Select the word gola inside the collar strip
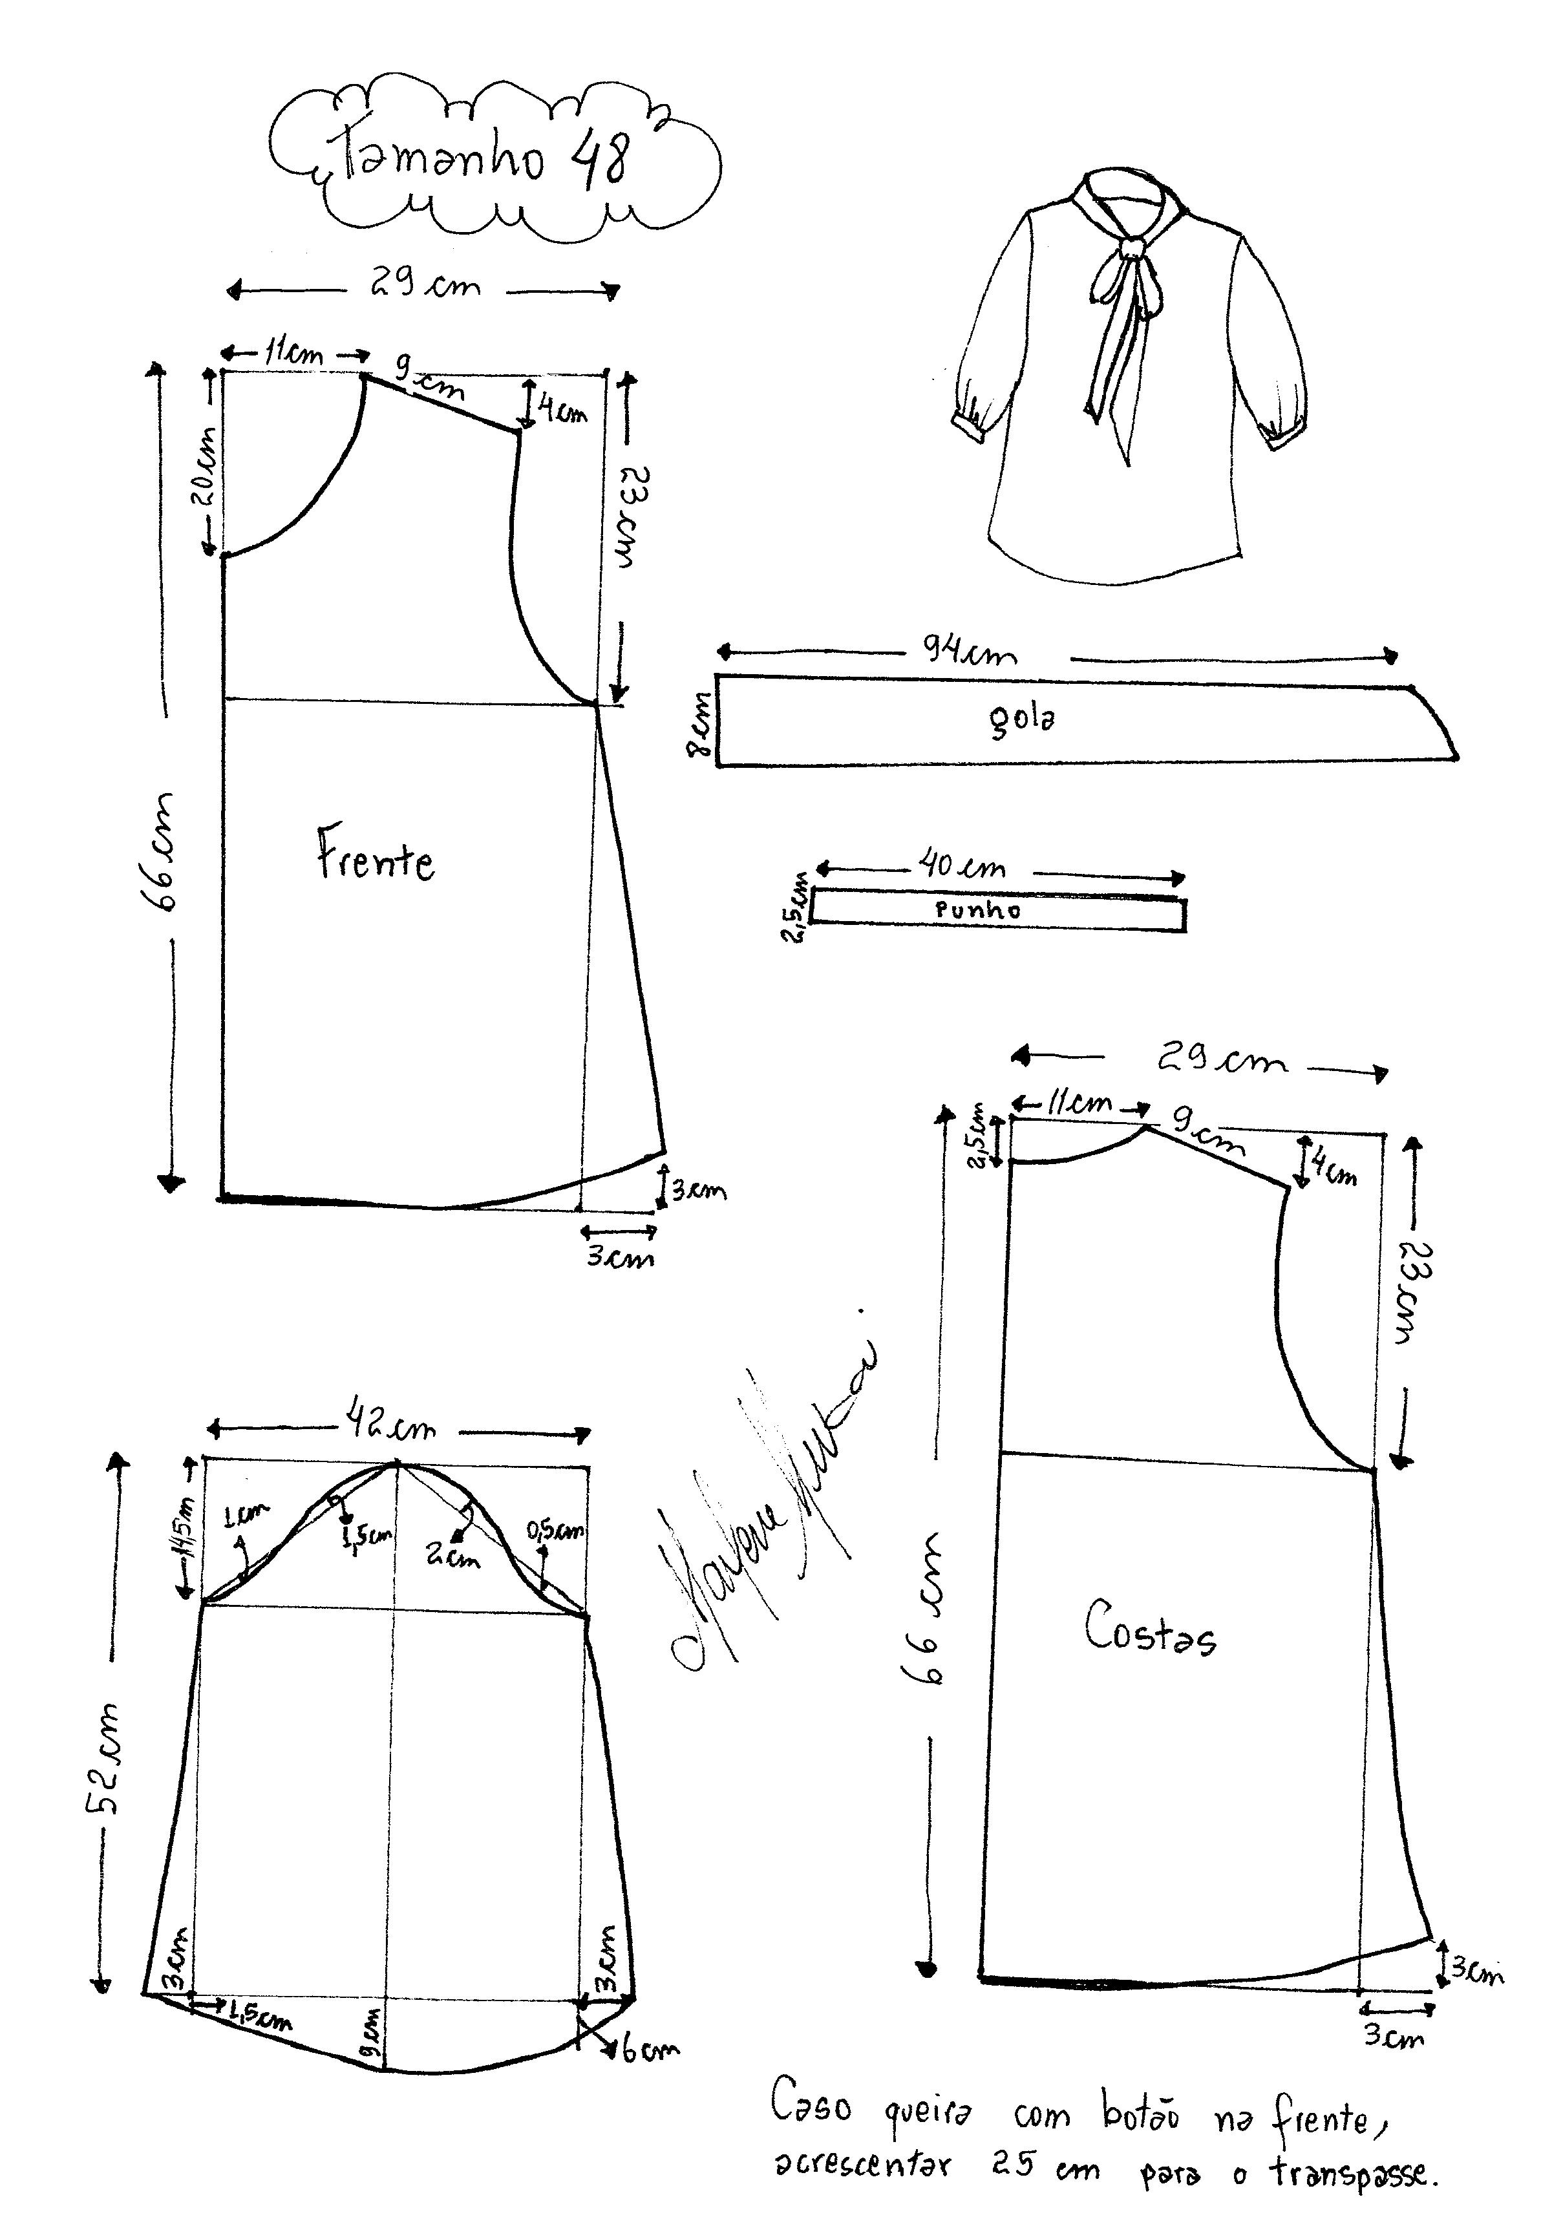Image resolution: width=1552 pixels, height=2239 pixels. [x=1021, y=719]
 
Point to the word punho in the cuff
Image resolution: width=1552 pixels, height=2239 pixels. [x=977, y=911]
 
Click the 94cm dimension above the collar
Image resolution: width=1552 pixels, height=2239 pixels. [x=970, y=650]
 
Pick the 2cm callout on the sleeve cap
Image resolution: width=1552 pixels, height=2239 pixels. [x=452, y=1556]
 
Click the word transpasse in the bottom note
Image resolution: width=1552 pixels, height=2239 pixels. [x=1351, y=2194]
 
